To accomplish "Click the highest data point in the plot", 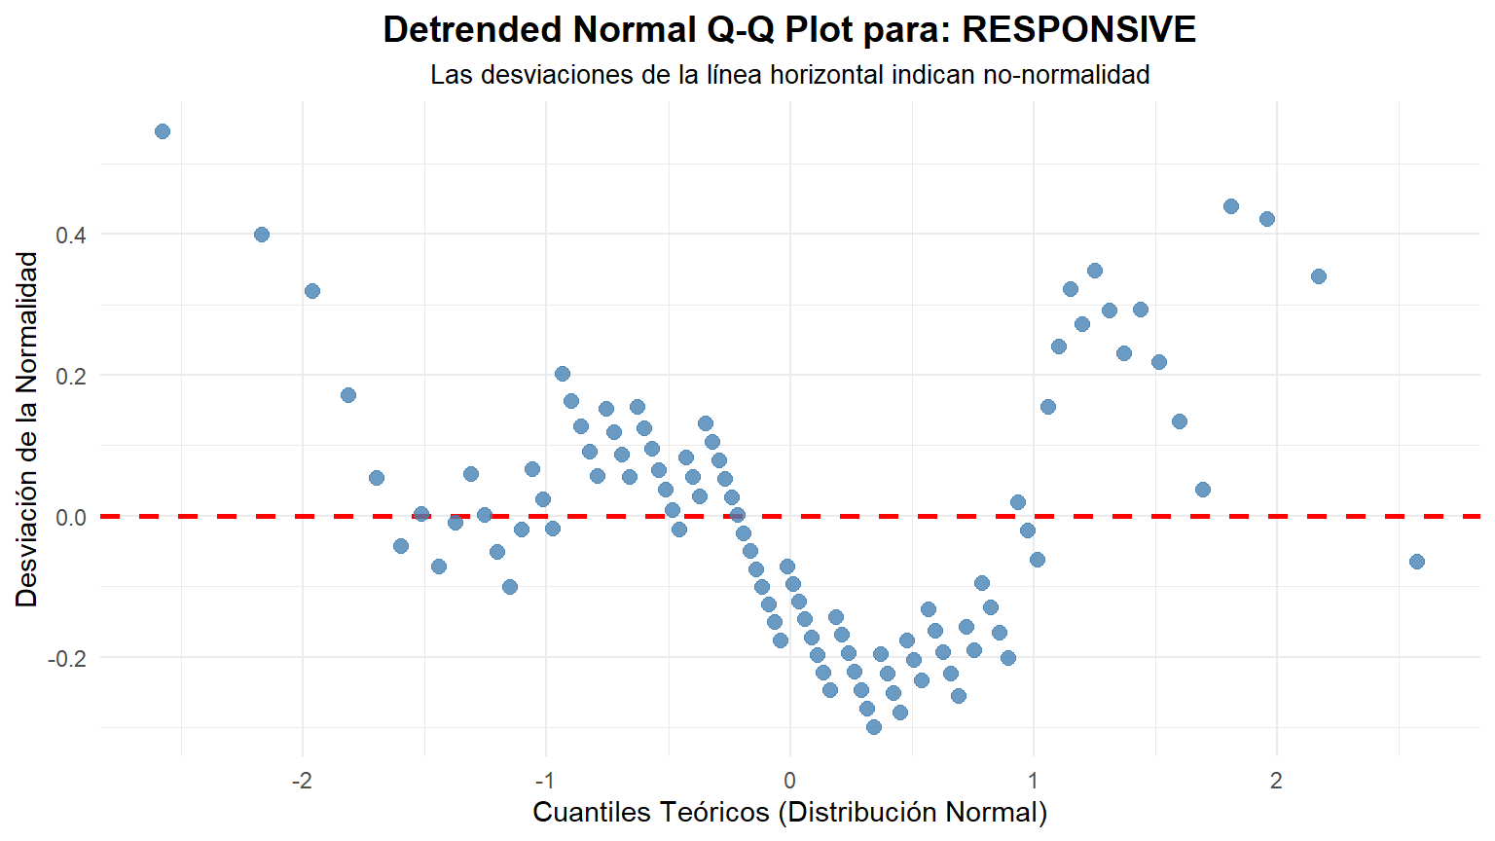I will point(163,131).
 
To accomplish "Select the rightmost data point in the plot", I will point(1417,562).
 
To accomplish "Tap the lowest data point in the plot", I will point(874,727).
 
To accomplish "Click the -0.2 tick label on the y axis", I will point(67,658).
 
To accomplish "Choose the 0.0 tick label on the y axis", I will point(71,517).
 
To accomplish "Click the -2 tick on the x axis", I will point(302,781).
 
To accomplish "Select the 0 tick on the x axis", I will point(789,781).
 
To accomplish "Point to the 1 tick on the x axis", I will point(1033,781).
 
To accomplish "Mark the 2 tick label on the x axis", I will point(1276,781).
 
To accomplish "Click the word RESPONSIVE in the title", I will point(1079,30).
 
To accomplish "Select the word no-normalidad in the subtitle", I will point(1067,75).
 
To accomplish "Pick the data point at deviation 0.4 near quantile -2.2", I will point(262,235).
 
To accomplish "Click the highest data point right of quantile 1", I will point(1231,206).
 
